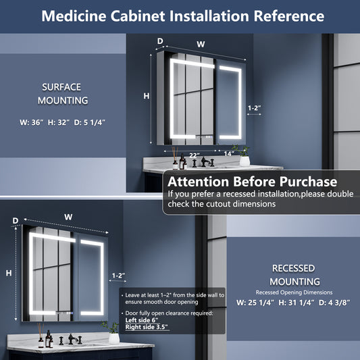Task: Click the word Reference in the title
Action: tap(288, 16)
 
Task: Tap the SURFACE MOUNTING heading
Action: tap(63, 94)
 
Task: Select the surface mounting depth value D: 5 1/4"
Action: tap(90, 122)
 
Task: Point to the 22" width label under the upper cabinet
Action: tap(195, 155)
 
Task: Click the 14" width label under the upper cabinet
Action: tap(229, 153)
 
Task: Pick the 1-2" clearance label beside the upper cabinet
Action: tap(255, 107)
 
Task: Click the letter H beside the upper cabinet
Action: tap(147, 96)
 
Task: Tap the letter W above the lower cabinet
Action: tap(68, 217)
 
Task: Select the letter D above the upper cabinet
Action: tap(160, 41)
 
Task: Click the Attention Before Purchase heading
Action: tap(253, 182)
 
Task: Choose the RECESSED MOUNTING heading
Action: tap(294, 275)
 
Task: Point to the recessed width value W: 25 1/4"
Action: tap(255, 303)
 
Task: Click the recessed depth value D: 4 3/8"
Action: tap(334, 303)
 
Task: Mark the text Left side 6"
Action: tap(142, 320)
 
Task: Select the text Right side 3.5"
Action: tap(147, 327)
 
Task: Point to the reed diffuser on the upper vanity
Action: tap(175, 158)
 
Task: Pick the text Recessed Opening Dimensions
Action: tap(294, 292)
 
